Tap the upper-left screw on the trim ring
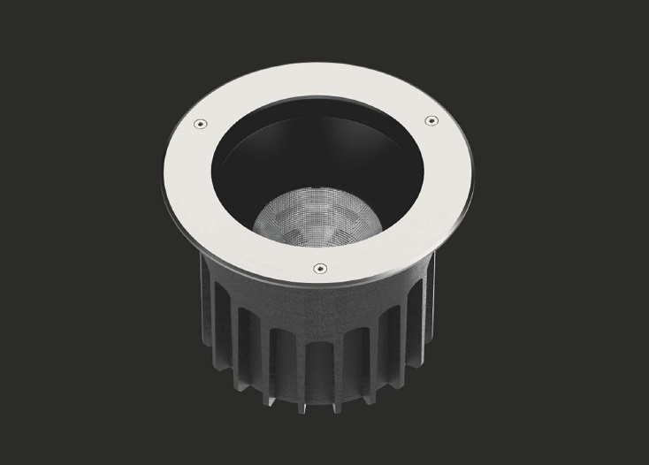pyautogui.click(x=202, y=123)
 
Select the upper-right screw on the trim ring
pyautogui.click(x=431, y=118)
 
